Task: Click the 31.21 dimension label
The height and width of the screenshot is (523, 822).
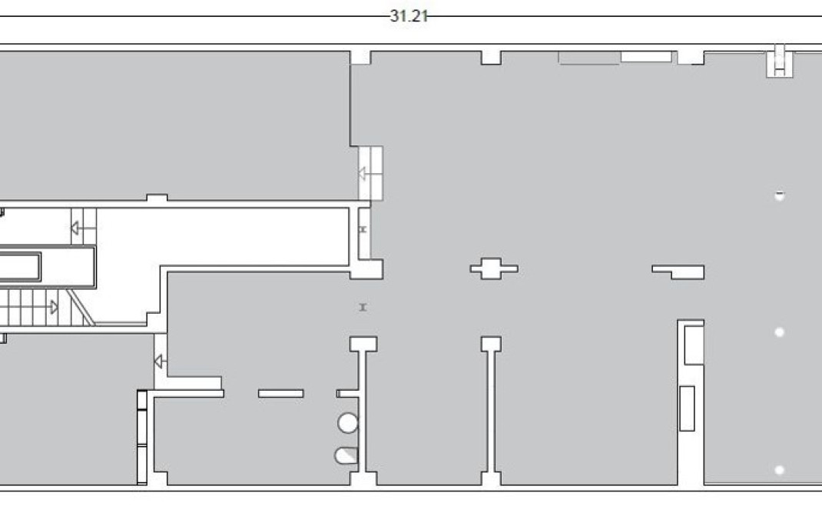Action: [x=408, y=16]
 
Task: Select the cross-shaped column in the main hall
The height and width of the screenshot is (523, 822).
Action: [x=493, y=268]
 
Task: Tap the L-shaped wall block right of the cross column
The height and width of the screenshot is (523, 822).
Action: [x=679, y=271]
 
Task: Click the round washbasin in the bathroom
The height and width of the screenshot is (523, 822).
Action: [x=348, y=423]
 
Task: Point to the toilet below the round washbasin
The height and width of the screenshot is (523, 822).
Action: [x=346, y=455]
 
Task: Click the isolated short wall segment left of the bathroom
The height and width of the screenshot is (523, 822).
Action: [x=280, y=394]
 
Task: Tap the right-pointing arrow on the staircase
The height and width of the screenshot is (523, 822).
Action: [x=53, y=308]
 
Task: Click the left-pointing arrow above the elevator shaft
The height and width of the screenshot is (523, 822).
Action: [x=76, y=228]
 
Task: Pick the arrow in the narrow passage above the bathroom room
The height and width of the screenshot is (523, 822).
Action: [x=160, y=361]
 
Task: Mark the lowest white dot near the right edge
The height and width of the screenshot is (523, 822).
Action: [x=780, y=470]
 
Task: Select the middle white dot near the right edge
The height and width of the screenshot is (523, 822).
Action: [x=780, y=332]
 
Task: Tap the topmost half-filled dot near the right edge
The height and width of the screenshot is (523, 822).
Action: [x=780, y=195]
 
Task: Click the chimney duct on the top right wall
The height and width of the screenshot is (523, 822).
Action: [x=781, y=62]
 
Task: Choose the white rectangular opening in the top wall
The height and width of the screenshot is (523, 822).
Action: [x=646, y=56]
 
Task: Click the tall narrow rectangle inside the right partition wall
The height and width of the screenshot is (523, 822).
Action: [x=687, y=408]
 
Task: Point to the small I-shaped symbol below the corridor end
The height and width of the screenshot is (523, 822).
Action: [x=363, y=308]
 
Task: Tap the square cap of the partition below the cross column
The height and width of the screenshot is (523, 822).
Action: [x=491, y=344]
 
